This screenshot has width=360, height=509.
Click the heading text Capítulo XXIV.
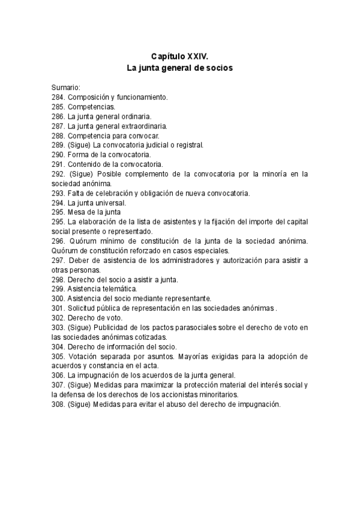pyautogui.click(x=180, y=56)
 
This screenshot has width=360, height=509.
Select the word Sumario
pyautogui.click(x=65, y=87)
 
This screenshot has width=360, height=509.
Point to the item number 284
pyautogui.click(x=58, y=97)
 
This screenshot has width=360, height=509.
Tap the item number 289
pyautogui.click(x=58, y=145)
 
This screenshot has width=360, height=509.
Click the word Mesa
pyautogui.click(x=77, y=212)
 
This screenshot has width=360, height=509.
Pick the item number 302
pyautogui.click(x=58, y=318)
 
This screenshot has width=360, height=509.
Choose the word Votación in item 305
pyautogui.click(x=85, y=356)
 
